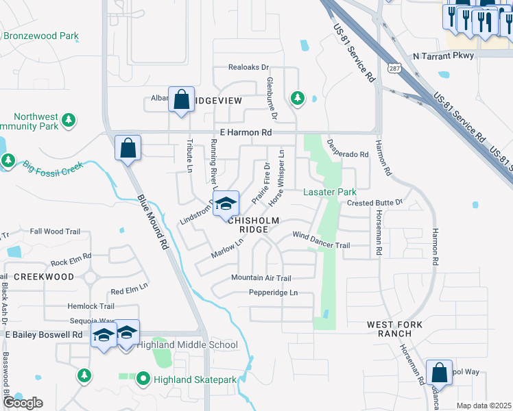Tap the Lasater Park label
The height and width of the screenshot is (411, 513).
[x=330, y=192]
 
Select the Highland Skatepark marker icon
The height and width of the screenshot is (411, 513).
[x=143, y=377]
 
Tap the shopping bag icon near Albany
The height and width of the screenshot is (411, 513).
[x=181, y=100]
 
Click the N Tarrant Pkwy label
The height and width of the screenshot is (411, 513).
[x=442, y=56]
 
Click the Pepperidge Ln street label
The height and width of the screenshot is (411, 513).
[x=274, y=292]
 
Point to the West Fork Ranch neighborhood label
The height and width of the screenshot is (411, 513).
[x=389, y=328]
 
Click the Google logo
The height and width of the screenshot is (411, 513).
[x=22, y=403]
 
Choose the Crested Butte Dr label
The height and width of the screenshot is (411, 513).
[x=374, y=203]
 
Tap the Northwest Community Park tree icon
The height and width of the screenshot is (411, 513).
[x=68, y=121]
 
